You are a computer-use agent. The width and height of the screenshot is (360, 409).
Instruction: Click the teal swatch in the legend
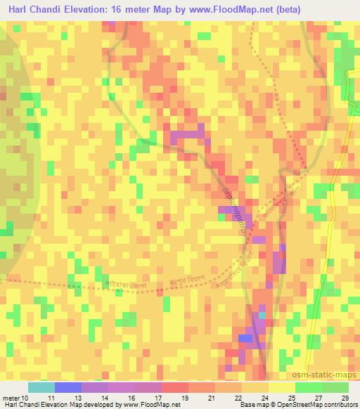pyautogui.click(x=41, y=387)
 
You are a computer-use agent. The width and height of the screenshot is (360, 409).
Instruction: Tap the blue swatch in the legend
pyautogui.click(x=67, y=387)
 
